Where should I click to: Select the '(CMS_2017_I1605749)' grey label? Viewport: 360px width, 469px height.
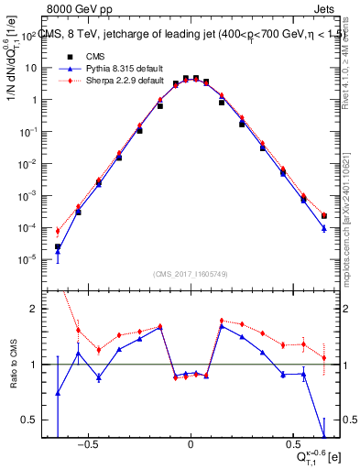[190, 274]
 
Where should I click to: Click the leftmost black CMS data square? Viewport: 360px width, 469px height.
[58, 246]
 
